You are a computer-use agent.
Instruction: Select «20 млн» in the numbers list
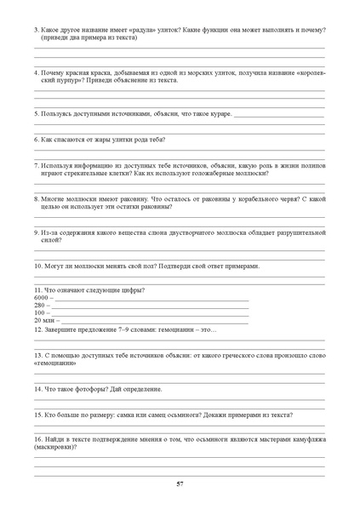(44, 320)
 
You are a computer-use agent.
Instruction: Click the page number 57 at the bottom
(180, 484)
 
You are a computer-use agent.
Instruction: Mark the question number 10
(38, 266)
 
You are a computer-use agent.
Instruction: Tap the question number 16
(38, 438)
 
